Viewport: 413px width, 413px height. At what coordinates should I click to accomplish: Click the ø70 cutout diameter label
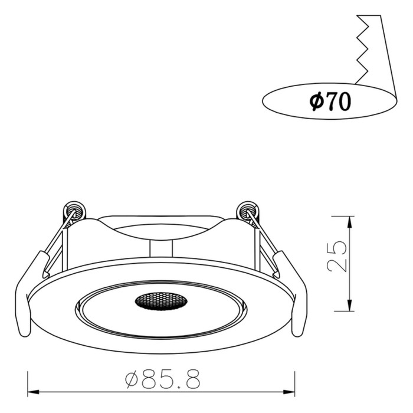[x=330, y=101]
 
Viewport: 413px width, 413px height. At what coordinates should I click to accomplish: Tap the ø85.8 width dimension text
[x=162, y=379]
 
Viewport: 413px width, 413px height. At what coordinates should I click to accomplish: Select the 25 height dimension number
[x=337, y=256]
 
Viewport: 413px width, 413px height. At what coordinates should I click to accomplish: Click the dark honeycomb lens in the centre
[x=161, y=301]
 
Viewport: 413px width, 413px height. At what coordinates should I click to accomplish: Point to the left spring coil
[x=74, y=211]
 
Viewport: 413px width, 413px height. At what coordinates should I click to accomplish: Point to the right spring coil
[x=248, y=211]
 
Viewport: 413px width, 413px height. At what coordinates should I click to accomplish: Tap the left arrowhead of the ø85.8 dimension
[x=33, y=392]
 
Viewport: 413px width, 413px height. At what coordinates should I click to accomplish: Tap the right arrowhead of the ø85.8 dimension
[x=289, y=392]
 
